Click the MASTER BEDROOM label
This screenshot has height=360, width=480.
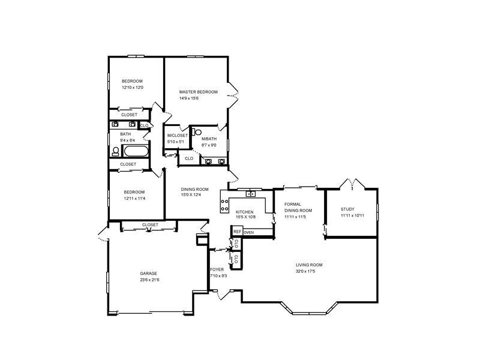199,92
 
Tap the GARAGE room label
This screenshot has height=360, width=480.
148,274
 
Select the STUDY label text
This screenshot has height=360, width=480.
347,209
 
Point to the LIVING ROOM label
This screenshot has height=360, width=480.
309,265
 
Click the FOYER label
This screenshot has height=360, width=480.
217,269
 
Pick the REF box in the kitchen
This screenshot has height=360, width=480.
237,232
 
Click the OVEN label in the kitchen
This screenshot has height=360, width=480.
249,233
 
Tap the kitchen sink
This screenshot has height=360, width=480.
251,194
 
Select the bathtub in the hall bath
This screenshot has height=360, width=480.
136,151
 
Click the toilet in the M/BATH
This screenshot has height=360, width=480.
197,132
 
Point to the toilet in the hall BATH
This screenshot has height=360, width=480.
116,152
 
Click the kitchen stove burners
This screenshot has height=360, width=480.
224,205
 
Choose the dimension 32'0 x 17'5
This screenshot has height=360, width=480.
305,271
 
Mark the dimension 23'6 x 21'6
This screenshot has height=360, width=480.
149,280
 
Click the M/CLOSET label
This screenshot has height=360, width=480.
178,136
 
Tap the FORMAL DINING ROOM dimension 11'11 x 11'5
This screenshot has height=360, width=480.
295,217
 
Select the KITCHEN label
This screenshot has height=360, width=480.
244,212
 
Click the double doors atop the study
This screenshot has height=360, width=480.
352,184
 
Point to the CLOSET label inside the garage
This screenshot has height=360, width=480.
150,224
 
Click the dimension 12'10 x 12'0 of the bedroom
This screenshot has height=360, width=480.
133,88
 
